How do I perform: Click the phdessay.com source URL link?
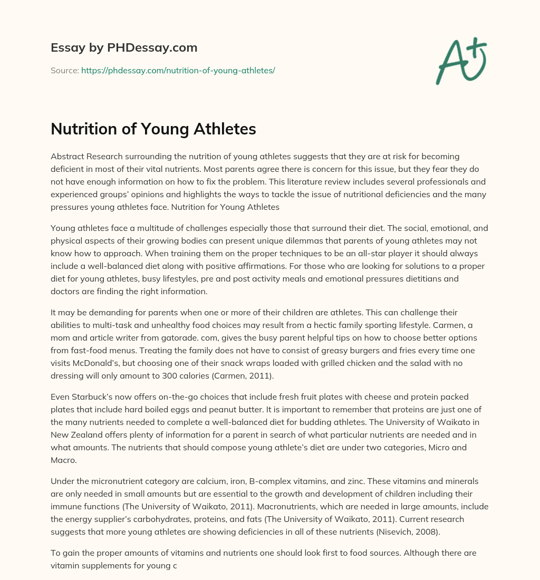click(x=178, y=70)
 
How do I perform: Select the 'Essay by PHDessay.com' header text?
click(x=124, y=48)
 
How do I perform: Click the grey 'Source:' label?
click(x=64, y=70)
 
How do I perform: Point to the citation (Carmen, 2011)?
click(x=252, y=375)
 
